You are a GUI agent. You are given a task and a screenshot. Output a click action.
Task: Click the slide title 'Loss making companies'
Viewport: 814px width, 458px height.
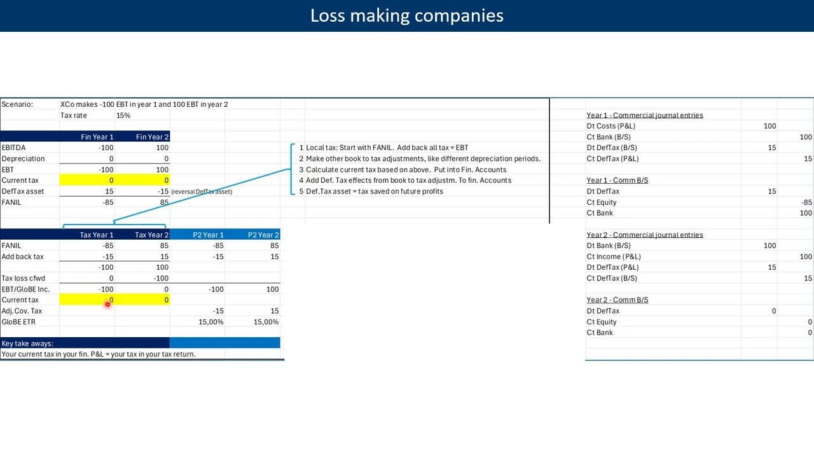406,16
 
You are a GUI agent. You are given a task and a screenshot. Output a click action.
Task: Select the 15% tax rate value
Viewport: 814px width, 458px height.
123,115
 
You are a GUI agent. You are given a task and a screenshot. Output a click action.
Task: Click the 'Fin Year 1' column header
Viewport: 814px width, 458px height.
97,137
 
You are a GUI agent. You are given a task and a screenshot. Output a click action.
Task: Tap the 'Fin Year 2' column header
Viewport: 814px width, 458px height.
152,137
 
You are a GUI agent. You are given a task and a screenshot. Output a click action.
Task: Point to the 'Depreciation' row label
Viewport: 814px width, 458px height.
23,158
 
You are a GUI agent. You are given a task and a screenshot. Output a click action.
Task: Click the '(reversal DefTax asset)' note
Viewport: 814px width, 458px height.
202,191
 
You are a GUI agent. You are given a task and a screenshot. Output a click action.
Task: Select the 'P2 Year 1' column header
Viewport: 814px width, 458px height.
208,235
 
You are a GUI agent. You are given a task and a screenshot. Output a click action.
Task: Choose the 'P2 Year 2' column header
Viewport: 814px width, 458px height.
263,235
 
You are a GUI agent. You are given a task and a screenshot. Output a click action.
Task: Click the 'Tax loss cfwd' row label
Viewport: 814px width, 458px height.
23,278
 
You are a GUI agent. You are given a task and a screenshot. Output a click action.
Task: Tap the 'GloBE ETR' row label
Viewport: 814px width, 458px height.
18,322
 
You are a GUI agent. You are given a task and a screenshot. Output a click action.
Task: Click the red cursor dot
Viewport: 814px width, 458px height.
107,305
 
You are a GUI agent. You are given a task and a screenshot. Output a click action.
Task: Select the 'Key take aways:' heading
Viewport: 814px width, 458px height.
27,343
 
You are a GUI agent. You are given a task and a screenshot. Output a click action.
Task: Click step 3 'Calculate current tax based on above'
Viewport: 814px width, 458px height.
406,170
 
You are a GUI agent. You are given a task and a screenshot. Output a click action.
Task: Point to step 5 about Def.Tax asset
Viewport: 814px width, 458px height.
374,191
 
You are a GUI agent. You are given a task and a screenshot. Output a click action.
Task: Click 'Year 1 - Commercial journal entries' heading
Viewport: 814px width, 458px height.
644,115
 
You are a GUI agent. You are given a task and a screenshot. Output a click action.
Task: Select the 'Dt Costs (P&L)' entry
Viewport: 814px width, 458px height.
610,126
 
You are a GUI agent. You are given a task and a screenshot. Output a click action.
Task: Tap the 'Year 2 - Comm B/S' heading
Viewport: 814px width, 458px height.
617,300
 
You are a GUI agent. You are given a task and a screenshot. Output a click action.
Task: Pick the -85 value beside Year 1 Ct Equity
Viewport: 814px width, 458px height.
806,202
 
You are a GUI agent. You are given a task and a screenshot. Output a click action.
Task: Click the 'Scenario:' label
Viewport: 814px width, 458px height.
17,104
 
